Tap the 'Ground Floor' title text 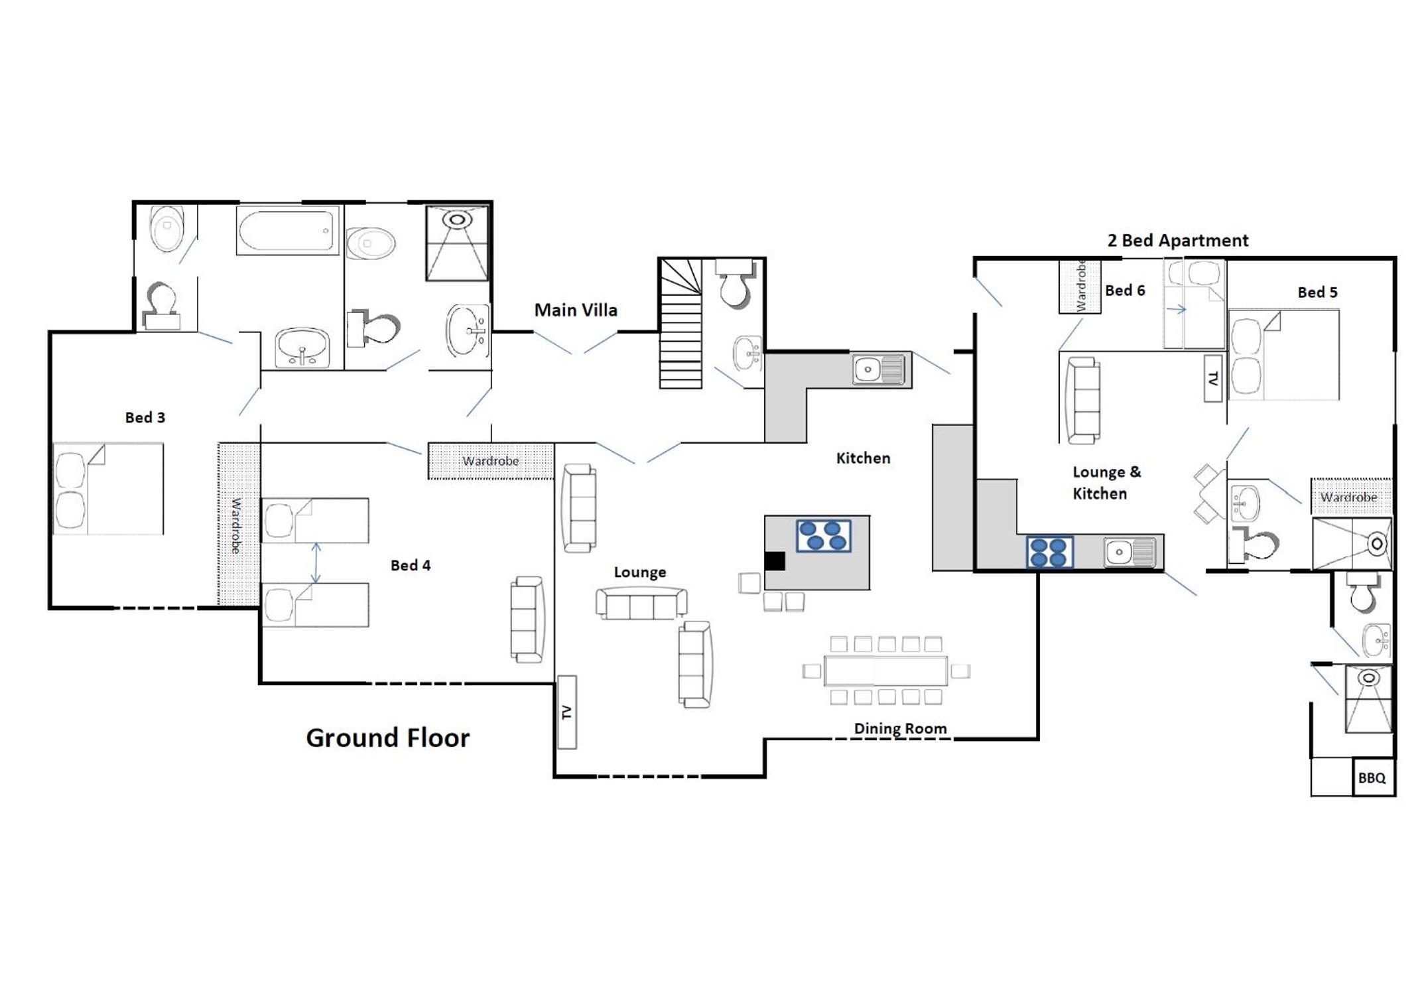(388, 738)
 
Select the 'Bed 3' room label (145, 417)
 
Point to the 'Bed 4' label (411, 565)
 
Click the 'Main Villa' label (576, 310)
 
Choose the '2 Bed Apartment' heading (1178, 240)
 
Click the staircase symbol (680, 323)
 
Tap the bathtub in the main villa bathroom (288, 230)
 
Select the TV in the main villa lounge (566, 712)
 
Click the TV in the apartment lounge (1213, 378)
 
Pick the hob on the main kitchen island (823, 536)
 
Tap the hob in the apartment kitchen (1050, 552)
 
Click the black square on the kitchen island (775, 561)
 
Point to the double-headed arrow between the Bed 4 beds (316, 563)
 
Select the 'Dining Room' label (900, 728)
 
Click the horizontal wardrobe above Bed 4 (491, 460)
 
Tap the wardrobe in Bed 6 (1080, 286)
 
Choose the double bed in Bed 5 (1283, 355)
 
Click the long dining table (885, 671)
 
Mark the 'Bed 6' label (1125, 290)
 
